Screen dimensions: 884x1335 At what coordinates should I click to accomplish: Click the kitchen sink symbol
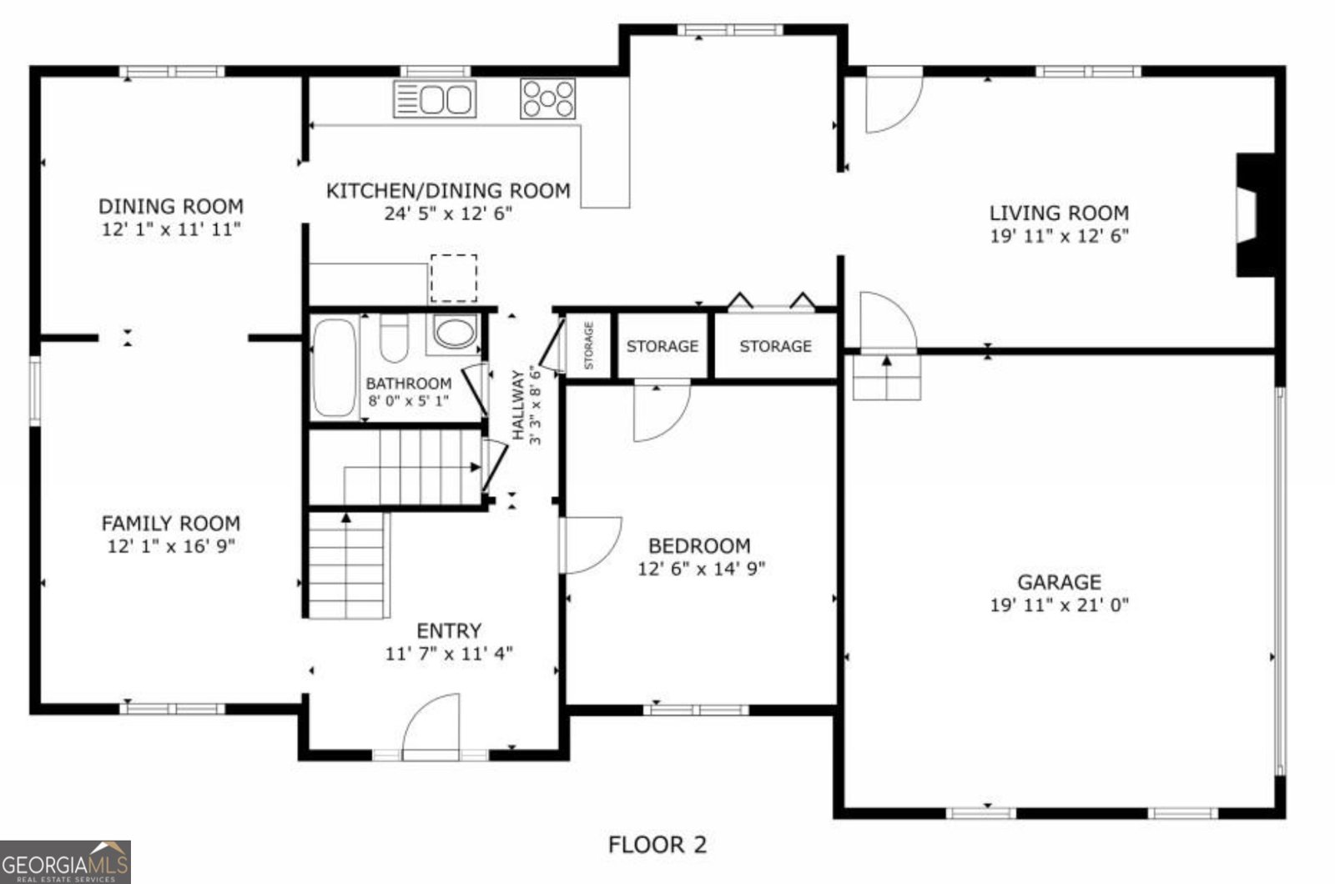[x=435, y=99]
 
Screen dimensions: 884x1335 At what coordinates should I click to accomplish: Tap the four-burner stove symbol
[x=547, y=98]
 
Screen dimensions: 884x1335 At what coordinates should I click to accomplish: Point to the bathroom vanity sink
[x=454, y=333]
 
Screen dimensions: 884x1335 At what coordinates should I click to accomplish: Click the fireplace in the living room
[x=1254, y=214]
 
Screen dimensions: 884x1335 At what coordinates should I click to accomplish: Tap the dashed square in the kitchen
[x=454, y=279]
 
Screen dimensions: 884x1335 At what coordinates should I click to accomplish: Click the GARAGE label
[x=1059, y=582]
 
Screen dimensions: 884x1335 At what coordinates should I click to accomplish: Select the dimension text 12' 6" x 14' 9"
[x=701, y=569]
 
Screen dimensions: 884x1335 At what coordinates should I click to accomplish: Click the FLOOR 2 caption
[x=657, y=845]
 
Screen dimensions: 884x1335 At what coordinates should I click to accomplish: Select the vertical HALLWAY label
[x=518, y=404]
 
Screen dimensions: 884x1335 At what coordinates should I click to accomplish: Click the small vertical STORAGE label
[x=588, y=345]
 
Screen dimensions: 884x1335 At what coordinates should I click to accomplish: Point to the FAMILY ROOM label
[x=171, y=524]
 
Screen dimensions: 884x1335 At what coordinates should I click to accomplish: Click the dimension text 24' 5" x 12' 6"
[x=448, y=213]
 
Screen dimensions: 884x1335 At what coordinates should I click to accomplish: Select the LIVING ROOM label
[x=1059, y=213]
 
